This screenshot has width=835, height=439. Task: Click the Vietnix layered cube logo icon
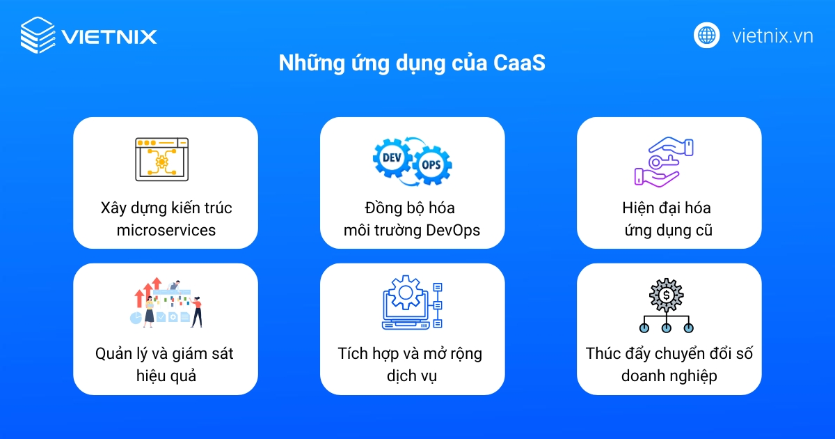click(37, 36)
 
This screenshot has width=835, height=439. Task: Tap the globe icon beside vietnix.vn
click(706, 35)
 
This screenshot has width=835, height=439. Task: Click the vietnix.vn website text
click(772, 36)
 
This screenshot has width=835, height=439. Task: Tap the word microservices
click(166, 230)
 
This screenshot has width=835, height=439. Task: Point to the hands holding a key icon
click(665, 162)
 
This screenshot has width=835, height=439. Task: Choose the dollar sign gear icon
click(666, 295)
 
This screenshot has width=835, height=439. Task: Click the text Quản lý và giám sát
click(164, 353)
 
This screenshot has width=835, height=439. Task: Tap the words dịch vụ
click(412, 376)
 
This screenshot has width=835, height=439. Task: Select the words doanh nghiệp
click(669, 376)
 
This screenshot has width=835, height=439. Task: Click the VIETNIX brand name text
click(109, 36)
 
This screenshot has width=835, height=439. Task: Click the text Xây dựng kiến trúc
click(166, 208)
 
